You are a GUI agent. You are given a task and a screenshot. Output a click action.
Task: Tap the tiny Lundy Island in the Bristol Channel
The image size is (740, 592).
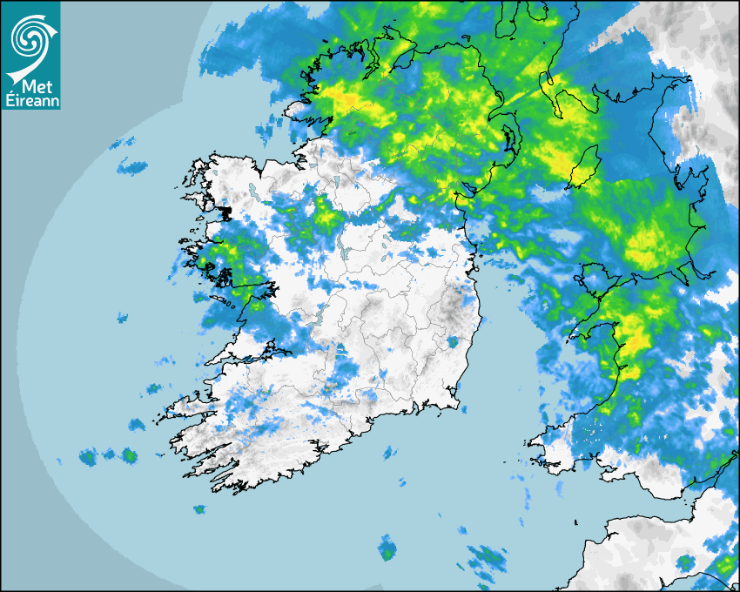click(577, 521)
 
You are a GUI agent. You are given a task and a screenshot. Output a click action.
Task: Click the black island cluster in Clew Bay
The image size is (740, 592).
click(225, 212)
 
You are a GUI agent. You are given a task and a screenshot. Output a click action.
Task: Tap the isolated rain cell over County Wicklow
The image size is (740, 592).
click(453, 342)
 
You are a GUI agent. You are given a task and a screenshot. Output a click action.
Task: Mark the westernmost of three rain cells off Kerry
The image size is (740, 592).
click(87, 456)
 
